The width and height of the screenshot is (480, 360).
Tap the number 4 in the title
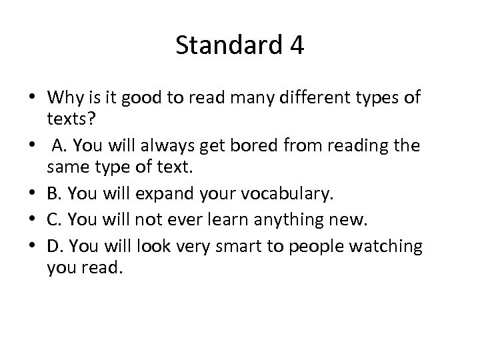click(x=297, y=46)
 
